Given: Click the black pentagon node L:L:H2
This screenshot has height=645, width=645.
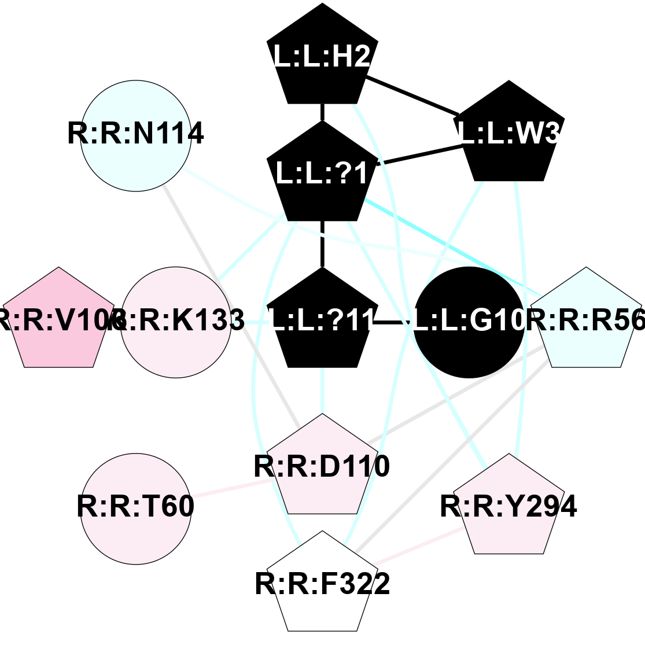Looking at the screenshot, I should [x=322, y=58].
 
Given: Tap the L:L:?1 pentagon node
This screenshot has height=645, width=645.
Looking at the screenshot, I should [x=322, y=174].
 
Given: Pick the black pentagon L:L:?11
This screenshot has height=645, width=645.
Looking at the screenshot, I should [x=322, y=321].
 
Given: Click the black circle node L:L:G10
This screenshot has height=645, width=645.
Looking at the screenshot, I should [x=469, y=322].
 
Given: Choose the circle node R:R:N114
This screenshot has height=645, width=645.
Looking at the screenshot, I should [x=136, y=135].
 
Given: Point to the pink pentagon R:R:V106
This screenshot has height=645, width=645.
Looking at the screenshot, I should [x=58, y=321].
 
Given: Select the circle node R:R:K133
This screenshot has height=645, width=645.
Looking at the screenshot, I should [x=176, y=322].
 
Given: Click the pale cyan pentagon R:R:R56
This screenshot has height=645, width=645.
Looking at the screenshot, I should [x=586, y=321].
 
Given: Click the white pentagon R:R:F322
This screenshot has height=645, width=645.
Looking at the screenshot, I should [x=322, y=584].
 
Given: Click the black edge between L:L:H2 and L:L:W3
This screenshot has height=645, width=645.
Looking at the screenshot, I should [x=412, y=95].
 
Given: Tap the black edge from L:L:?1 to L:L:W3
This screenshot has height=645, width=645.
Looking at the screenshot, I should [x=419, y=154].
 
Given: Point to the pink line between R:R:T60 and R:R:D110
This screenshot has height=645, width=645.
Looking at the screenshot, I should [x=231, y=488].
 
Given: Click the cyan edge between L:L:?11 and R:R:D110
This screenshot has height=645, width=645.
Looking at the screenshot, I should [x=322, y=390].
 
